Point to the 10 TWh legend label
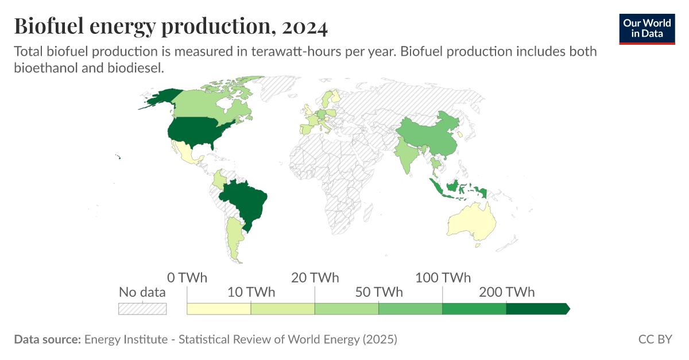coord(251,292)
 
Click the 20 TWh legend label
coord(315,278)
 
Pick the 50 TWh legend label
coord(379,292)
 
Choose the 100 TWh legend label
coord(443,278)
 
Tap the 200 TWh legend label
coord(506,292)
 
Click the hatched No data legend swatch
coord(142,309)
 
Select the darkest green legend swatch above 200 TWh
coord(537,309)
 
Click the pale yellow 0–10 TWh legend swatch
coord(219,309)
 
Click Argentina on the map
coord(233,238)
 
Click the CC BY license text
coord(655,339)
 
